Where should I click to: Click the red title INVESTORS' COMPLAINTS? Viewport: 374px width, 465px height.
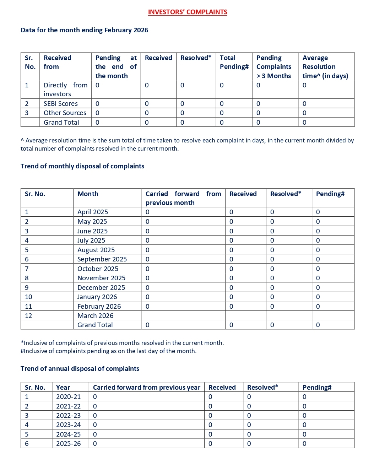[187, 12]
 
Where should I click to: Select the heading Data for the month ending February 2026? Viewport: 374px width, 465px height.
[84, 30]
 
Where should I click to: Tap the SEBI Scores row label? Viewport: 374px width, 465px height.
[60, 103]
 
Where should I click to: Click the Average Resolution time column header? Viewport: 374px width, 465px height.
[325, 67]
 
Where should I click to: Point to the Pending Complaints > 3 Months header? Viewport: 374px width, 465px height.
[274, 67]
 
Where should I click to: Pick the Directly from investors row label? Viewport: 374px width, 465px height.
[65, 90]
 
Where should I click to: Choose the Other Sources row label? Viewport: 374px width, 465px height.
[65, 113]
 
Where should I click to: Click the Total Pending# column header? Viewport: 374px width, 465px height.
[234, 62]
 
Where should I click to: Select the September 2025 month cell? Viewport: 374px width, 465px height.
[102, 259]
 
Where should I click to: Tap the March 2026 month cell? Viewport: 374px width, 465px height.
[95, 315]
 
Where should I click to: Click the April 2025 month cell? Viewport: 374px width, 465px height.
[92, 212]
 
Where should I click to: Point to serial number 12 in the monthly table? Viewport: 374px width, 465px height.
[28, 315]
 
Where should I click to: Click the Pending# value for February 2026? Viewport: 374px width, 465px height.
[318, 306]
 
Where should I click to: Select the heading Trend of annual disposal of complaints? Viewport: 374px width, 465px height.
[80, 369]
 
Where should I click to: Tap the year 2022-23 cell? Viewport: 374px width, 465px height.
[68, 415]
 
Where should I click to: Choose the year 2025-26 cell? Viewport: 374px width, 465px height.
[68, 444]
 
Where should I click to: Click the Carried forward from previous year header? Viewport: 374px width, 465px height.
[146, 387]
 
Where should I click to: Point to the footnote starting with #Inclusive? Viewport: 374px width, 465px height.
[108, 351]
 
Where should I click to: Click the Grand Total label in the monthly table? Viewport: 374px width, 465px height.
[95, 325]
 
